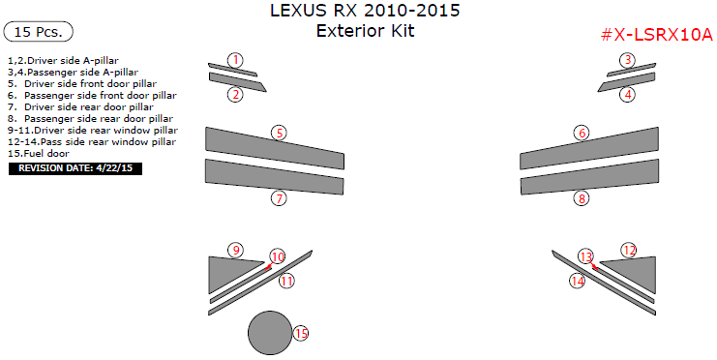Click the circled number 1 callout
click(235, 60)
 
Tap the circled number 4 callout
click(628, 95)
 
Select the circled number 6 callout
click(582, 134)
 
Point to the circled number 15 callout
click(301, 334)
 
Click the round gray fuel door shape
click(270, 333)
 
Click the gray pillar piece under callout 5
click(275, 148)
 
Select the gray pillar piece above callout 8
click(589, 176)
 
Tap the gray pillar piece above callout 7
click(275, 176)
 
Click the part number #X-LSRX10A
click(656, 34)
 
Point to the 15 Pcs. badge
click(38, 32)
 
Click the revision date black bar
click(75, 168)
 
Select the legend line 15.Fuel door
click(39, 153)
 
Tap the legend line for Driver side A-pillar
click(63, 60)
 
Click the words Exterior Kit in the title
click(366, 31)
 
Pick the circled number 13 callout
click(586, 256)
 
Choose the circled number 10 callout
click(277, 256)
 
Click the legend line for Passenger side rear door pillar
click(91, 118)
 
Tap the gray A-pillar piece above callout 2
click(232, 70)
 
